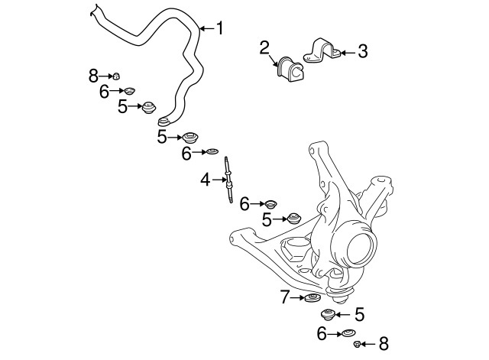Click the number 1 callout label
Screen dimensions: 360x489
click(220, 29)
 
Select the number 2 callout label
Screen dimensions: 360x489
click(264, 48)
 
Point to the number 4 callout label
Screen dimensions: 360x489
click(206, 180)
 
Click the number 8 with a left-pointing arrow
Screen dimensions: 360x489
click(384, 343)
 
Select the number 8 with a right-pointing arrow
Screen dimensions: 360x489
click(93, 75)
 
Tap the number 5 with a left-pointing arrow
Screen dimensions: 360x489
click(359, 313)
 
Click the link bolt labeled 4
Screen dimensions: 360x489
click(227, 180)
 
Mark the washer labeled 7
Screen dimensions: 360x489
click(312, 297)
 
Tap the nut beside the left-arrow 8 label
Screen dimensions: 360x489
click(358, 344)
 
